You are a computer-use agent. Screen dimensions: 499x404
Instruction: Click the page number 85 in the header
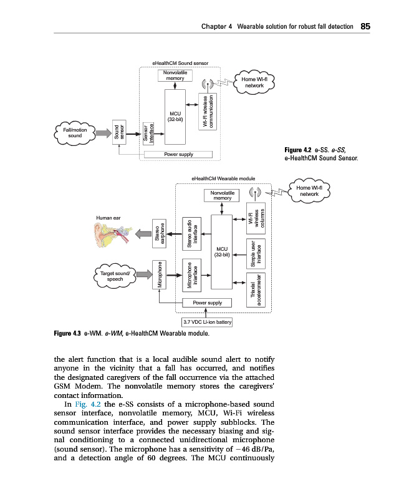pyautogui.click(x=365, y=26)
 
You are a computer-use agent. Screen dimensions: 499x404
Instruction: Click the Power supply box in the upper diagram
pyautogui.click(x=178, y=155)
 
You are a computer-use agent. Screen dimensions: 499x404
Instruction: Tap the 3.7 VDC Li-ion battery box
pyautogui.click(x=207, y=322)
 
